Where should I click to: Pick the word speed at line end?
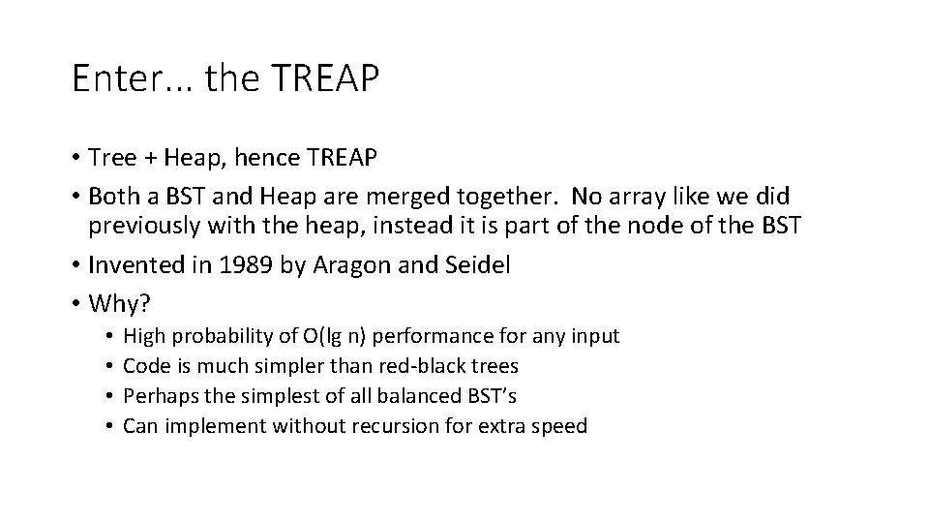pyautogui.click(x=558, y=426)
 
